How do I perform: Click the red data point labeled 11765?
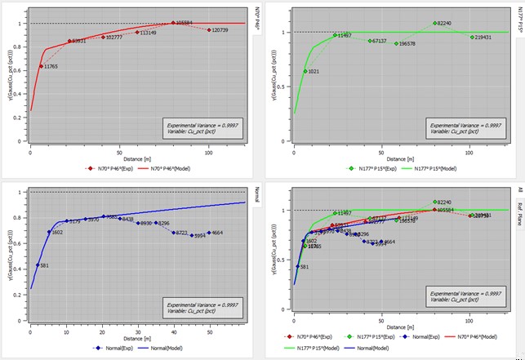tap(42, 66)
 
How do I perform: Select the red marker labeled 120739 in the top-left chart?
tap(208, 29)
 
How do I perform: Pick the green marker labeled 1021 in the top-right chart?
tap(305, 71)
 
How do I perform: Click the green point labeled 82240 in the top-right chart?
tap(435, 23)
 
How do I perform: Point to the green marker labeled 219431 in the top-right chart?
tap(471, 37)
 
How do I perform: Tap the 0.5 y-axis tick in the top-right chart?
tap(286, 88)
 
